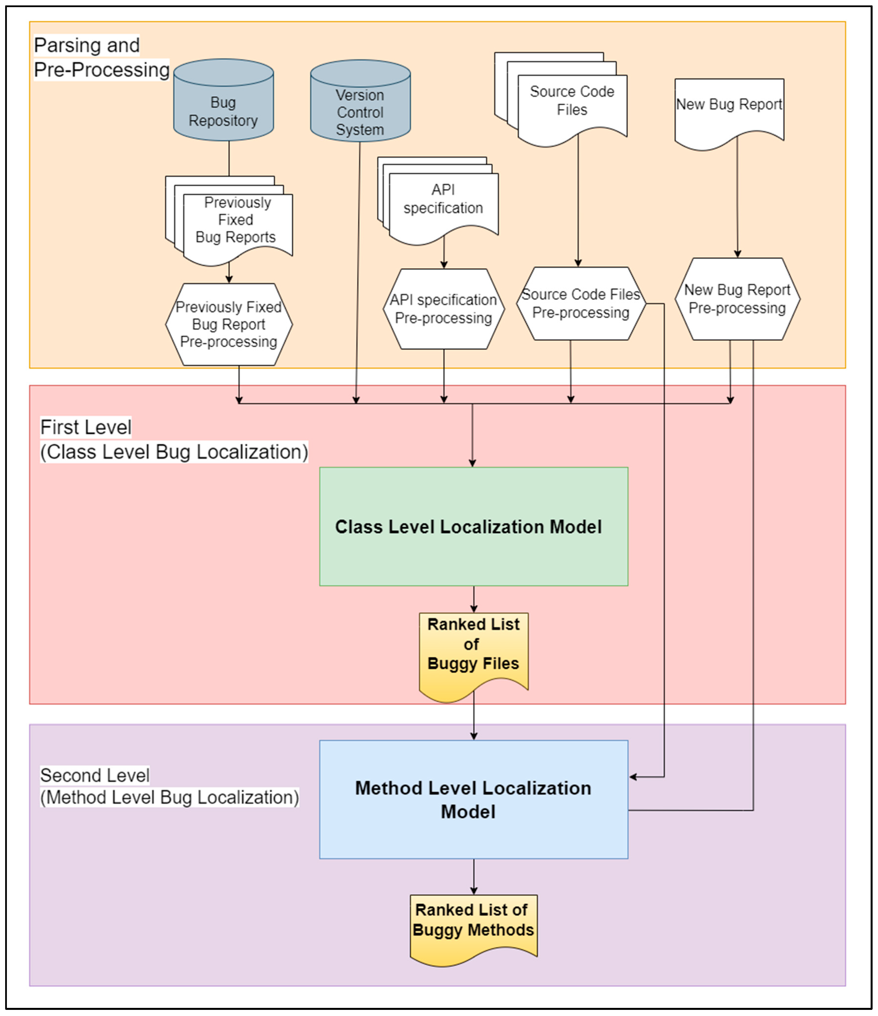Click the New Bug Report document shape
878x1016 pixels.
(x=729, y=110)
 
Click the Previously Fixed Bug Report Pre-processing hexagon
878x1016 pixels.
(x=229, y=324)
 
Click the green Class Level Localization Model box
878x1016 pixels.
(x=474, y=526)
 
